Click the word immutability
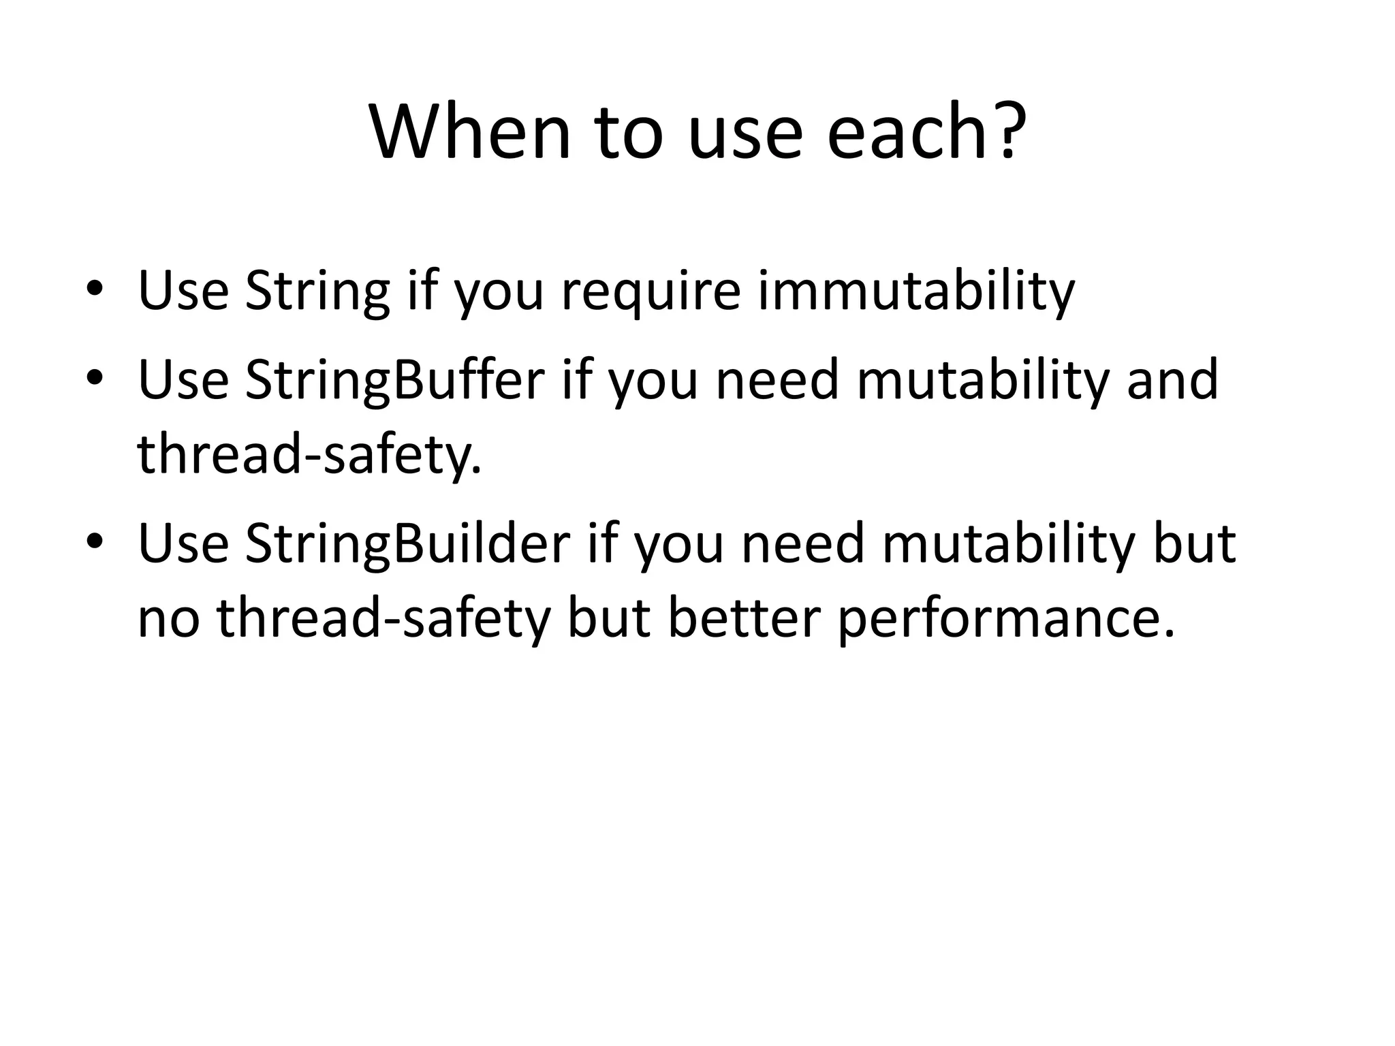916,291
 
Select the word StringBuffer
395,380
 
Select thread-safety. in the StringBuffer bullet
309,455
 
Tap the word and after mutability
1172,380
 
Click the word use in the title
746,133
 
